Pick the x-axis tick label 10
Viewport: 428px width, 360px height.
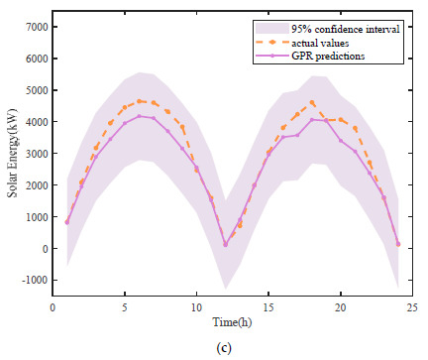[196, 309]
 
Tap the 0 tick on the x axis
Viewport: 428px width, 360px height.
[53, 309]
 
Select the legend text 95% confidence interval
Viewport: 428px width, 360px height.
[346, 28]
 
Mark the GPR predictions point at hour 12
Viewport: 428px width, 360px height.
[225, 244]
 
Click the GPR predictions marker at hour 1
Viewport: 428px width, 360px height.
[67, 222]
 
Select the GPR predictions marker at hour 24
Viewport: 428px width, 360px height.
[398, 244]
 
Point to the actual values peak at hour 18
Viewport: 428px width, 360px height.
[312, 102]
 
